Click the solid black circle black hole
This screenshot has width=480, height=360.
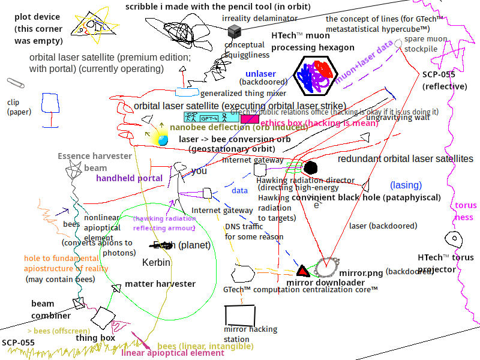coord(310,167)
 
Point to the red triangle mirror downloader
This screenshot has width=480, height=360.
coord(303,271)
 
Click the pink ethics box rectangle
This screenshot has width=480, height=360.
coord(250,118)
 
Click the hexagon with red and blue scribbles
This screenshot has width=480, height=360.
coord(314,76)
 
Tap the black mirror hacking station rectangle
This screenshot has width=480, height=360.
coord(240,314)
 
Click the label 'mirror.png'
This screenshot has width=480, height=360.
coord(361,273)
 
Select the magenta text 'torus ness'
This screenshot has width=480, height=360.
coord(466,211)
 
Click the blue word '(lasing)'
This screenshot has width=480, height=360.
coord(406,185)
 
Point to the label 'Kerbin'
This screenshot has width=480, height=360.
coord(156,263)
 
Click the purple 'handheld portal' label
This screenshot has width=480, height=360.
coord(129,178)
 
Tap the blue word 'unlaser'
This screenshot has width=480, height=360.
coord(260,74)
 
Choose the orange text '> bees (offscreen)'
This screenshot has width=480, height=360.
coord(59,331)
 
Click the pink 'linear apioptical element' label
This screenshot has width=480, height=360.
coord(173,353)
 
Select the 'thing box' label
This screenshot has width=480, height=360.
coord(95,338)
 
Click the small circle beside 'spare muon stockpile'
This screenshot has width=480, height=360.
coord(397,43)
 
